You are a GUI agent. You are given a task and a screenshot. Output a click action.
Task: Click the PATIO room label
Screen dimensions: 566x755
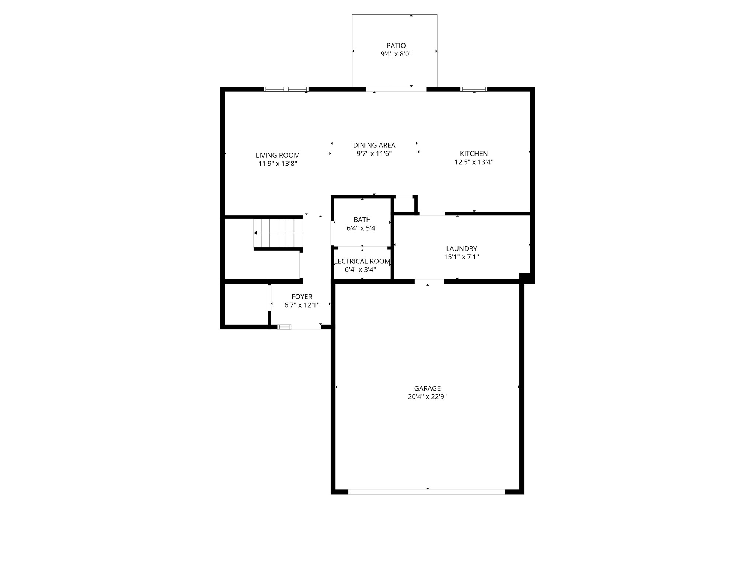coord(396,46)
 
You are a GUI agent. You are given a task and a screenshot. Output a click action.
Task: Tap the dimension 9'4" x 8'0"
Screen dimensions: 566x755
coord(396,54)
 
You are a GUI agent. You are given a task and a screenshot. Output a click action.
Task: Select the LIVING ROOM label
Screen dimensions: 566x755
coord(278,156)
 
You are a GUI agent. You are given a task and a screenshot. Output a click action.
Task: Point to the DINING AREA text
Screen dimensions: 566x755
coord(374,145)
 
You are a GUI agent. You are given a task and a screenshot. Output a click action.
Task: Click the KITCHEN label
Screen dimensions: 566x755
coord(474,154)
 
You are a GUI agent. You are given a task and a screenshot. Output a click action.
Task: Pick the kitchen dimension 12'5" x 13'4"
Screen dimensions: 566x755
coord(474,162)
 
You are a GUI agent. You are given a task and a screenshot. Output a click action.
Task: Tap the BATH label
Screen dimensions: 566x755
coord(362,220)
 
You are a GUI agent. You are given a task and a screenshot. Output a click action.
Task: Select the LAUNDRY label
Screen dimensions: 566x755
coord(462,249)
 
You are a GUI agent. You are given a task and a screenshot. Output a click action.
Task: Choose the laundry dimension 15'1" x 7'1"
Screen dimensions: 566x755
coord(462,257)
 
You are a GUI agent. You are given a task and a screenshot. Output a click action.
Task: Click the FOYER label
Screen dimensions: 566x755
coord(302,297)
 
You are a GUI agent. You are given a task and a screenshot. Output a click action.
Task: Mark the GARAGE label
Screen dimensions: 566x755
coord(427,388)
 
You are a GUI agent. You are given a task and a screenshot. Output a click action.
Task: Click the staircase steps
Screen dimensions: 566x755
coord(278,233)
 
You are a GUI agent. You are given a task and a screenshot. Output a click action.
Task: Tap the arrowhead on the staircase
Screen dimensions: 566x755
coord(255,233)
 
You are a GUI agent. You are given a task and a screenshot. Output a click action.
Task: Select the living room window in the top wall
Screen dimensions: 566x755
coord(286,89)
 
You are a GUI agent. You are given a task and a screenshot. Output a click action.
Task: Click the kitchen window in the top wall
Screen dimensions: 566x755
coord(474,89)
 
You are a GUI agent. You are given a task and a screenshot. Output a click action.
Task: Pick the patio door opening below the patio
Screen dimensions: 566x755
coord(396,89)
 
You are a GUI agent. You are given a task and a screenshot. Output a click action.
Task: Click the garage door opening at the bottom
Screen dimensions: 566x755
coord(427,492)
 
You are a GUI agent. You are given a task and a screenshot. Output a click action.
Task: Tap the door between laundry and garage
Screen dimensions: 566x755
coord(429,282)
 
